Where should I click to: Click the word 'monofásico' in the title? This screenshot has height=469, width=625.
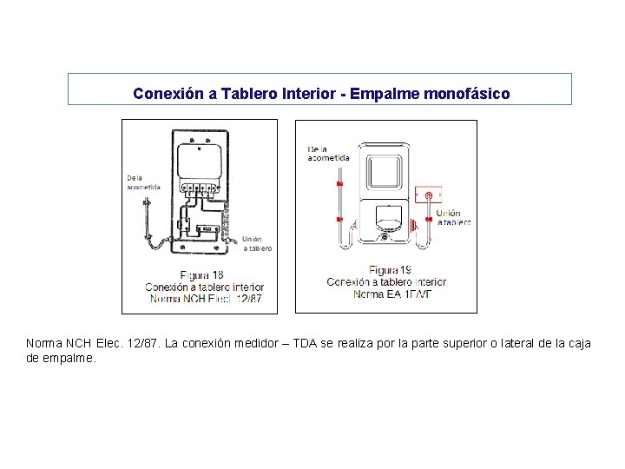(467, 93)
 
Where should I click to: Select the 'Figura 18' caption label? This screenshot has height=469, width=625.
(200, 275)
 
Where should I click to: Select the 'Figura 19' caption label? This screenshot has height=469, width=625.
(390, 270)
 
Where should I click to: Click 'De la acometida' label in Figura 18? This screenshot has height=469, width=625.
(143, 182)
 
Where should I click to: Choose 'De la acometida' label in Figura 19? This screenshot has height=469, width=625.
(328, 153)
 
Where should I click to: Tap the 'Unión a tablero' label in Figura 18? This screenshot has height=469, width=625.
(256, 243)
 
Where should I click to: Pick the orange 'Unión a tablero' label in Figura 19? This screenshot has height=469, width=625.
(452, 217)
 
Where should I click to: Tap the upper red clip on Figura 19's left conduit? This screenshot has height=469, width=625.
(339, 185)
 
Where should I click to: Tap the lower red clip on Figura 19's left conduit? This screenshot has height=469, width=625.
(339, 218)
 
